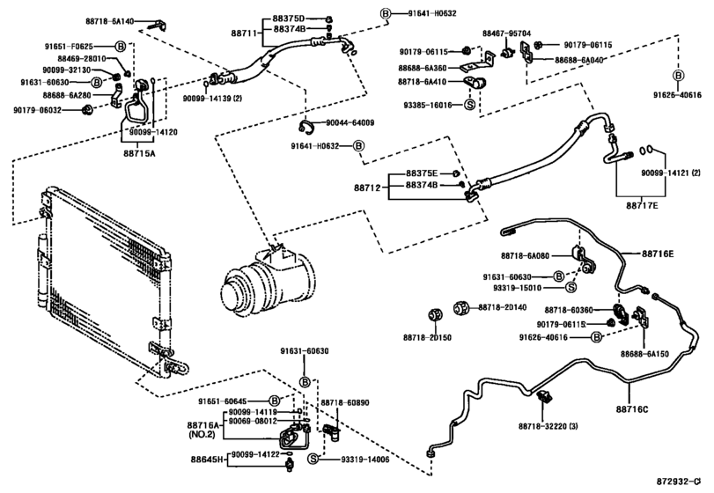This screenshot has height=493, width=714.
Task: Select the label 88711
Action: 244,33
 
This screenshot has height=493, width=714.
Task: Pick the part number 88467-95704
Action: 506,33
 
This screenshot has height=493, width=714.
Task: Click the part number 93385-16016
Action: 430,105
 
